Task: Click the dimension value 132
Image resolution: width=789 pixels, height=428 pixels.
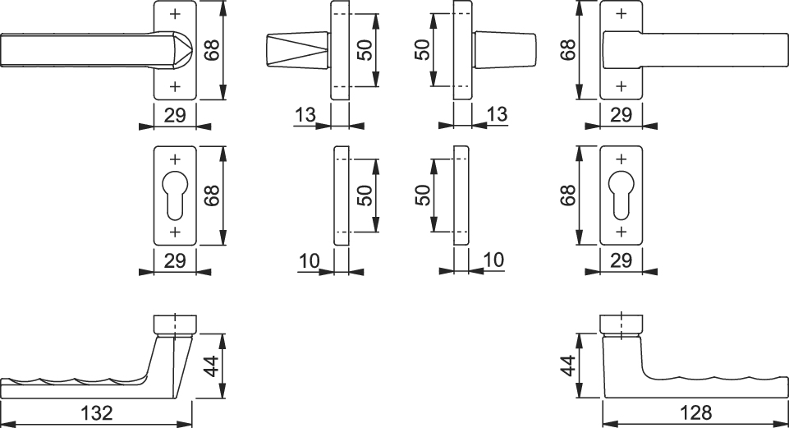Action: [x=97, y=413]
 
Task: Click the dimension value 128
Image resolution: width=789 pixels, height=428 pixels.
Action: [x=696, y=413]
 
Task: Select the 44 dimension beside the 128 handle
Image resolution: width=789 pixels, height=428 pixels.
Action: [x=568, y=366]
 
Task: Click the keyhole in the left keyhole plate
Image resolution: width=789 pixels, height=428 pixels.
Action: [x=175, y=196]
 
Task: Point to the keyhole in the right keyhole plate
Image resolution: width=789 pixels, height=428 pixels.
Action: [x=621, y=196]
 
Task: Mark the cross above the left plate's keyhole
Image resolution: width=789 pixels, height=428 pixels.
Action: [x=175, y=159]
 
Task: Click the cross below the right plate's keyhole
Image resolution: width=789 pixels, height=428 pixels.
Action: [x=621, y=232]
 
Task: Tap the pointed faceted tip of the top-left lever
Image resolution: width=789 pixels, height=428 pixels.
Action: [x=183, y=50]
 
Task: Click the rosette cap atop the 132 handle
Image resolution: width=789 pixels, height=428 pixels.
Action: [x=175, y=325]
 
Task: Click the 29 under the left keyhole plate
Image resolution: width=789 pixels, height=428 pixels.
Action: [x=175, y=261]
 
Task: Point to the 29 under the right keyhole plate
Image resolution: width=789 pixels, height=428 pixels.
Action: [x=621, y=261]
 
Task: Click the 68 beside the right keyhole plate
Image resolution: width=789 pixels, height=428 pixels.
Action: [x=568, y=196]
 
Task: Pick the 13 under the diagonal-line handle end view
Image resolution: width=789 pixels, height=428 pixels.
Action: [x=305, y=115]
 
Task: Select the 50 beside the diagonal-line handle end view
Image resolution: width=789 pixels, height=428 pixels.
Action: [x=366, y=50]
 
